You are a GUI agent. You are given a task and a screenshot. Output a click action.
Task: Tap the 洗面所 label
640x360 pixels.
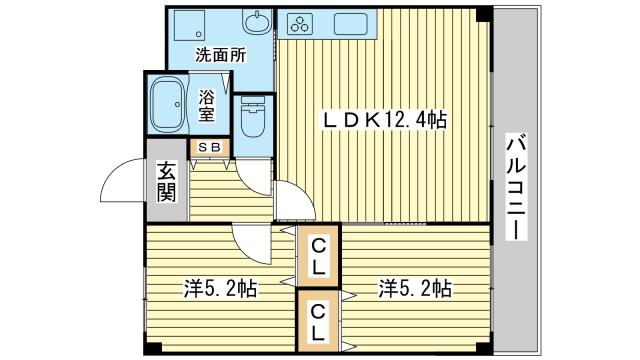click(220, 56)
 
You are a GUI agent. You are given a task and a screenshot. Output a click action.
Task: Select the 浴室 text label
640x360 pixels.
click(208, 105)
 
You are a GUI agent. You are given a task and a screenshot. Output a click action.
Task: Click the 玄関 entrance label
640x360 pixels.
click(166, 180)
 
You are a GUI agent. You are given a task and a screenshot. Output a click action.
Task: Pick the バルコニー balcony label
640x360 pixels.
click(516, 186)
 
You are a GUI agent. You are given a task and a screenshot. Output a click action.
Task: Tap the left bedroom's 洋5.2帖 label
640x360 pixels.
click(220, 290)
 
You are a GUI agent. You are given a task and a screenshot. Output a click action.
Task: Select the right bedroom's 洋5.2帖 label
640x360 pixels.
click(415, 290)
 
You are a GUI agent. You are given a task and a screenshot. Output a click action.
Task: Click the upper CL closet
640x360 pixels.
click(318, 257)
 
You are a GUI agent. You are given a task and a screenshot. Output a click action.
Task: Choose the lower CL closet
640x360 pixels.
click(318, 320)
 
